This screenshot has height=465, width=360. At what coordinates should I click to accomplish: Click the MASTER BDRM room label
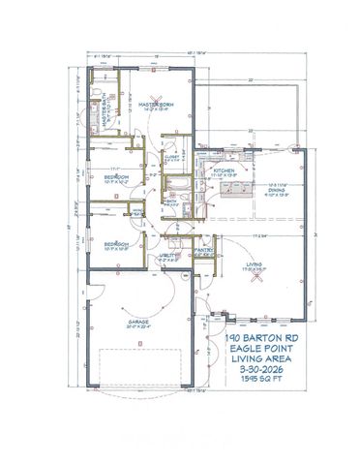click(x=155, y=104)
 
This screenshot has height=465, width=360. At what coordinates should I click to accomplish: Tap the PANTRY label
click(x=204, y=250)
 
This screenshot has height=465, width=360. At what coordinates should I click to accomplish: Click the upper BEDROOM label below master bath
click(x=114, y=179)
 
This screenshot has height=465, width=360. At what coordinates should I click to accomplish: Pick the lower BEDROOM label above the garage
click(x=114, y=243)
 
